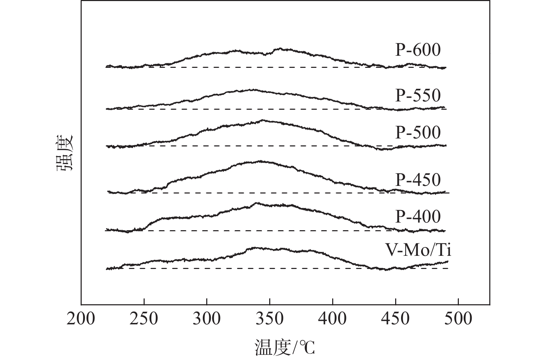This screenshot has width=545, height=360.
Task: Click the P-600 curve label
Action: [x=418, y=50]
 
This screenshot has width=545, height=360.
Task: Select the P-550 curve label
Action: [x=418, y=95]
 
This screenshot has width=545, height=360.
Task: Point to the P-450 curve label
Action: [x=418, y=180]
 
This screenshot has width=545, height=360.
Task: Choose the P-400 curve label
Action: [x=418, y=217]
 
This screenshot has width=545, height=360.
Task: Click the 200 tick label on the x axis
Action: [x=81, y=318]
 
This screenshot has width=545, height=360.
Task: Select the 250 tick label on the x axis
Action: [x=144, y=318]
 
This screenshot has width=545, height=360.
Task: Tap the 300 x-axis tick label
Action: [x=207, y=318]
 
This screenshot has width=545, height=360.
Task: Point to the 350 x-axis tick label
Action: [x=270, y=318]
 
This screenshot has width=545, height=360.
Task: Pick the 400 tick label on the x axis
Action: [x=333, y=318]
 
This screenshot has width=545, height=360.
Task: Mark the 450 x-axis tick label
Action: [x=396, y=318]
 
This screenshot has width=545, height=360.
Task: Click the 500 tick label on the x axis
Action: [x=458, y=318]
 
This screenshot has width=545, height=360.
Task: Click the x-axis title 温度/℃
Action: [x=285, y=348]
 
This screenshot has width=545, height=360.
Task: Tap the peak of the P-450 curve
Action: [x=260, y=161]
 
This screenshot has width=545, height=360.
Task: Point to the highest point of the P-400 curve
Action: [x=256, y=203]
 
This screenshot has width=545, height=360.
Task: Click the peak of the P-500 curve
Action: [x=262, y=120]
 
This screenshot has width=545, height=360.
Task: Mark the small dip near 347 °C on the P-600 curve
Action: [x=265, y=55]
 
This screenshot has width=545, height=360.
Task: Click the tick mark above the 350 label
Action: [x=270, y=302]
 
